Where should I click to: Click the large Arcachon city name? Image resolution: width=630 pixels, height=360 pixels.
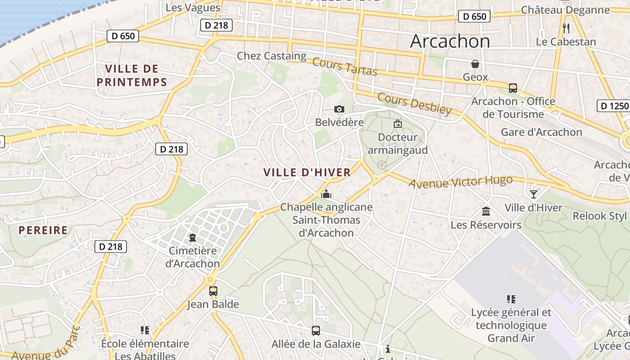(x=450, y=41)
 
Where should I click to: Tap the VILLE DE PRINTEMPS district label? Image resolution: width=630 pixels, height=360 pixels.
(x=132, y=75)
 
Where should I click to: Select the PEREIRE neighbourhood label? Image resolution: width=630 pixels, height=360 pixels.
(x=43, y=230)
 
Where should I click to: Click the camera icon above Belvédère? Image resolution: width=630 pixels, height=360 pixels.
(x=339, y=109)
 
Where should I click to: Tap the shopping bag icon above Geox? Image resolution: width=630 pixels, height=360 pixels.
(x=475, y=64)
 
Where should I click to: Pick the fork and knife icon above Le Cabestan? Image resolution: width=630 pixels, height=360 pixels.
(x=566, y=28)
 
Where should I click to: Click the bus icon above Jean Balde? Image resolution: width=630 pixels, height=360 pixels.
(x=213, y=291)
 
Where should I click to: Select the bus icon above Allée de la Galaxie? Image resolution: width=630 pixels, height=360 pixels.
(x=316, y=331)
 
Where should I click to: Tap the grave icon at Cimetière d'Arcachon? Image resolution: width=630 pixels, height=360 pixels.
(x=193, y=237)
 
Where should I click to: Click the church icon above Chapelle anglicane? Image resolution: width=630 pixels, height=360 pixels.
(x=326, y=194)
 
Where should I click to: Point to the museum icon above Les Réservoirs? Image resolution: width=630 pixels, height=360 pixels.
(x=486, y=211)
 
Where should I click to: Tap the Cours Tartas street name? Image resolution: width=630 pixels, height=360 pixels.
(x=344, y=67)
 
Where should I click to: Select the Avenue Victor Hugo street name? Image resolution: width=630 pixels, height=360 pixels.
(x=460, y=182)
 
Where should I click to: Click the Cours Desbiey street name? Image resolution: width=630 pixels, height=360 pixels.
(x=414, y=103)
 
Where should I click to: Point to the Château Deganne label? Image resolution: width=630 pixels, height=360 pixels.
(x=565, y=10)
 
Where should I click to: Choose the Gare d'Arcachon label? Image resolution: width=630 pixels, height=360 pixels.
(x=541, y=132)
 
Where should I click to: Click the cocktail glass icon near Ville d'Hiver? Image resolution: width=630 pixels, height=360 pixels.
(x=533, y=194)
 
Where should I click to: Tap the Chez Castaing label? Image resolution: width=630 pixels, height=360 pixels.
(x=271, y=56)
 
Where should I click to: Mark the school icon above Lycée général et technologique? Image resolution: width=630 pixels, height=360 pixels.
(x=511, y=299)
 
